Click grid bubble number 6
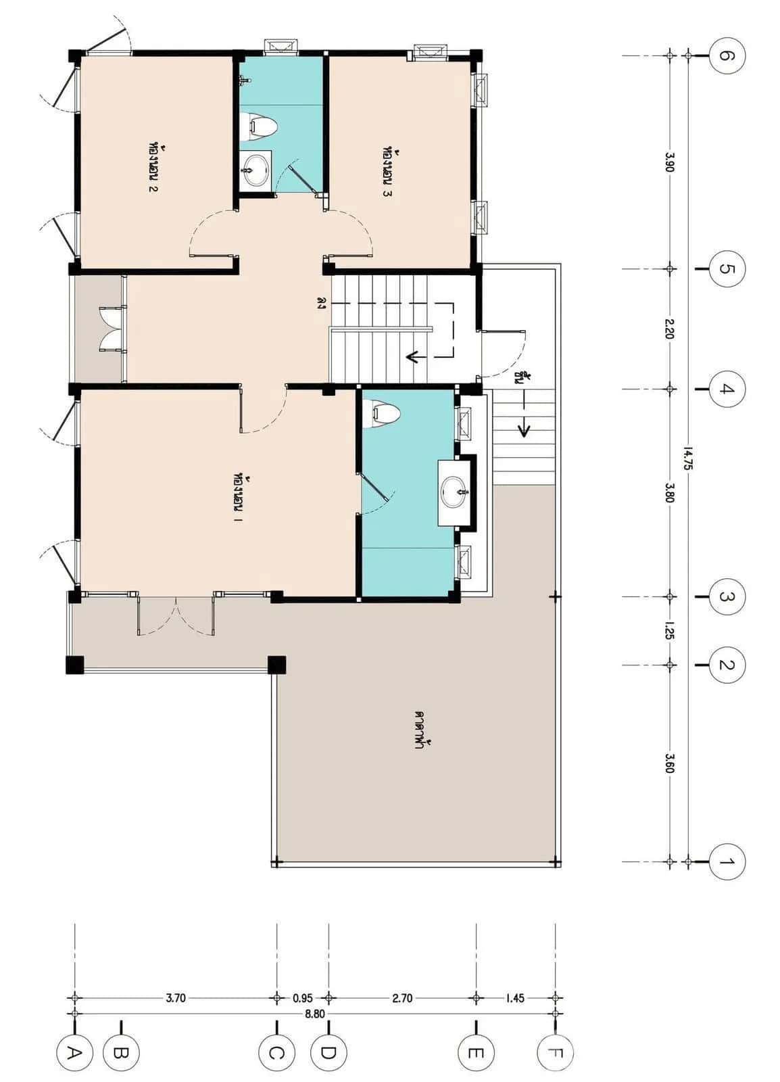[727, 55]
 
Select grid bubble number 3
[727, 597]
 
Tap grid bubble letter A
[74, 1053]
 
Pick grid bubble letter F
[555, 1053]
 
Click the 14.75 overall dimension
[687, 458]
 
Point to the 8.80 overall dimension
[314, 1014]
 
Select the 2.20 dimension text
[669, 329]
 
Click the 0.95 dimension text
[303, 997]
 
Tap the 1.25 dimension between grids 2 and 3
[669, 630]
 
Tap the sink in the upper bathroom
[255, 168]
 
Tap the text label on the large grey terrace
[424, 734]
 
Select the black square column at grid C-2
[276, 665]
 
